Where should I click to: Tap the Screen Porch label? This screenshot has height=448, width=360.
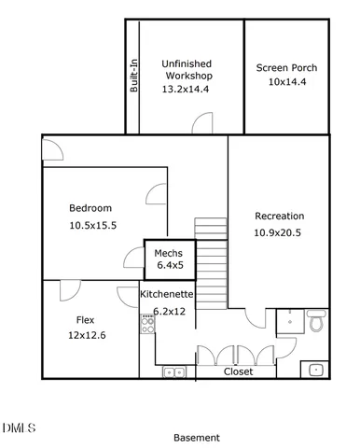286,68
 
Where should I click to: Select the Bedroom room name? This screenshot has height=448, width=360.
90,207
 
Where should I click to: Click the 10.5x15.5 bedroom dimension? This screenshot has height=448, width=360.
92,225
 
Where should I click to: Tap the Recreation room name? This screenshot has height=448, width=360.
280,216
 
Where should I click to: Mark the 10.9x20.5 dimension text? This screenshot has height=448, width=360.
280,232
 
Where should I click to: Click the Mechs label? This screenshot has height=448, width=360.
168,253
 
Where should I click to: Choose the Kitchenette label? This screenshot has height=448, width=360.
168,293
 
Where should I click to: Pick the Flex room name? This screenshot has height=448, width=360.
85,319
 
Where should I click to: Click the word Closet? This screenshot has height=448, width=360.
238,371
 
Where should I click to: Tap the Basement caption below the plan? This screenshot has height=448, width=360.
197,437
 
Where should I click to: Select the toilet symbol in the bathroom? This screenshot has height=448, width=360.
315,323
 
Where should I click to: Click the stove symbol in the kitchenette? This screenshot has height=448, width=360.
147,325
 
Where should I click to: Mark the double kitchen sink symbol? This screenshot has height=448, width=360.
174,371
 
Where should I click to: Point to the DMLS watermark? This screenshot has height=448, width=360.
19,428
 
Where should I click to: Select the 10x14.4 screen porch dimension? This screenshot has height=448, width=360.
286,82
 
